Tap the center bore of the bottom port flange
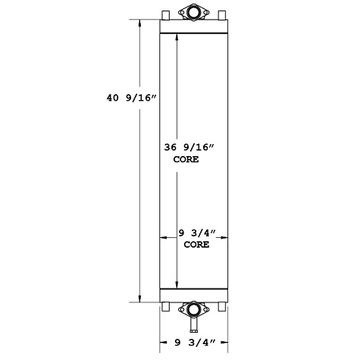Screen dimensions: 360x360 coord(193,310)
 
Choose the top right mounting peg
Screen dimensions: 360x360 coord(222,15)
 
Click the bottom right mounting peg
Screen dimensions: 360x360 coord(222,307)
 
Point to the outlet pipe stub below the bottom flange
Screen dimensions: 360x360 coord(193,325)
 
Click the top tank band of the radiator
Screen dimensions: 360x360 coord(194,27)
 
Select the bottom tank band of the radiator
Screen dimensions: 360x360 coord(194,295)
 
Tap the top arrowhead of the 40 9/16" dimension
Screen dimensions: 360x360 coord(139,23)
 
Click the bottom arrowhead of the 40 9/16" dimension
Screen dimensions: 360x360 coord(139,299)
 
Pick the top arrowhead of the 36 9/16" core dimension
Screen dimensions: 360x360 coord(177,38)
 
